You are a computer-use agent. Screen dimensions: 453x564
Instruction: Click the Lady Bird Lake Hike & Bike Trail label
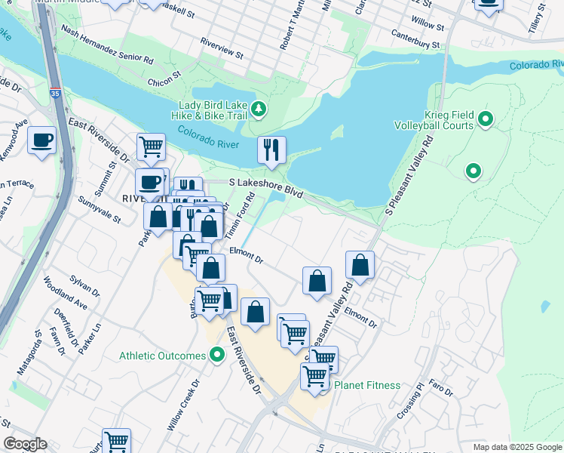tap(213, 111)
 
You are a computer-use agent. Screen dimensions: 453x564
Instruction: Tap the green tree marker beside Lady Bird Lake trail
tap(259, 110)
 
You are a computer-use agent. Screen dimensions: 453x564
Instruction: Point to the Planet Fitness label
tap(367, 385)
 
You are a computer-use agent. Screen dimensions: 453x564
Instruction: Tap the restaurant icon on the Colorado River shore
tap(271, 149)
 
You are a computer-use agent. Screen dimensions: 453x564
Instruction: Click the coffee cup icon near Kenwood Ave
tap(41, 140)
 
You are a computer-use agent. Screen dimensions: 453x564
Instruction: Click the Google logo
tap(25, 444)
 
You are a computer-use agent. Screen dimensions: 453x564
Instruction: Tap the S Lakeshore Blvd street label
tap(265, 188)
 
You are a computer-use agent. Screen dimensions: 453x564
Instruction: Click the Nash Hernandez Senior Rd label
tap(107, 46)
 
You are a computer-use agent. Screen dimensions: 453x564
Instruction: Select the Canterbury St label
tap(415, 40)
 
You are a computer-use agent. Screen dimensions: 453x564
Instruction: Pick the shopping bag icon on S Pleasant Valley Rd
tap(360, 265)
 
